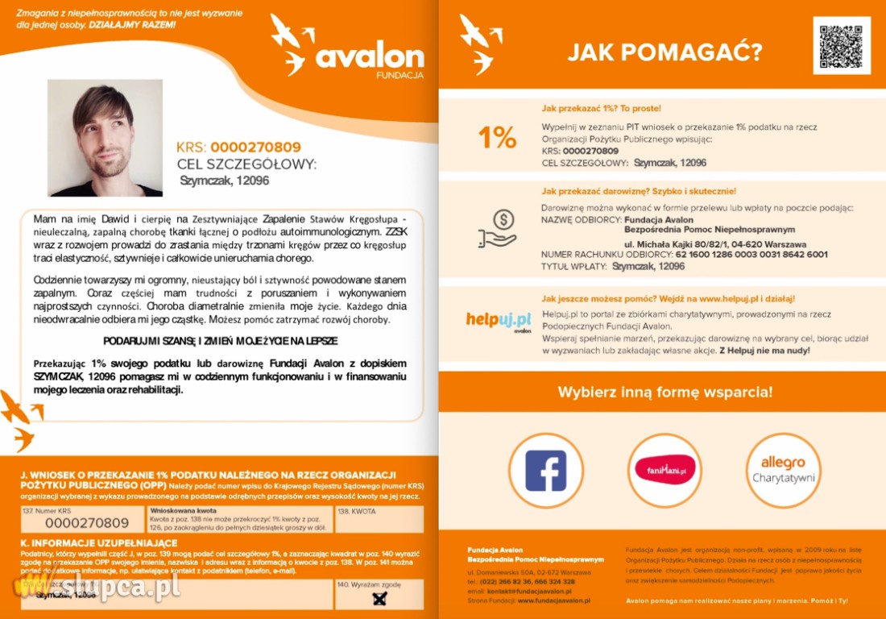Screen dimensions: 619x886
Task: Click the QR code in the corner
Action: pyautogui.click(x=842, y=45)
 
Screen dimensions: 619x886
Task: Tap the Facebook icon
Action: pyautogui.click(x=545, y=471)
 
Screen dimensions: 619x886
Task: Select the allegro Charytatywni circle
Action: pyautogui.click(x=783, y=471)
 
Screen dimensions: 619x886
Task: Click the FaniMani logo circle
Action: pyautogui.click(x=664, y=471)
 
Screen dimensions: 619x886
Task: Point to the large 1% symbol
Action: pyautogui.click(x=497, y=138)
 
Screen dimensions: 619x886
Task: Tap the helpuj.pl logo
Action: pyautogui.click(x=499, y=321)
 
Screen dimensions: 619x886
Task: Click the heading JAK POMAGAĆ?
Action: pyautogui.click(x=664, y=53)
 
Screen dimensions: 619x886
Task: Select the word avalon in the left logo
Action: pyautogui.click(x=369, y=56)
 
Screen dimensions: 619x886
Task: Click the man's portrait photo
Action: pyautogui.click(x=105, y=138)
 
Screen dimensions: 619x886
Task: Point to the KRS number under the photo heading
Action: pyautogui.click(x=255, y=147)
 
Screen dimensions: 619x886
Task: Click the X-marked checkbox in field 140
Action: pyautogui.click(x=380, y=598)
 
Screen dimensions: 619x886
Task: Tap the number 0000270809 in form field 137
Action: pyautogui.click(x=86, y=523)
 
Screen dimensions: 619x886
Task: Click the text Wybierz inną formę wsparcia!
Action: pyautogui.click(x=664, y=393)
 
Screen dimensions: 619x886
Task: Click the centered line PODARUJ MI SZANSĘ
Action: pyautogui.click(x=220, y=341)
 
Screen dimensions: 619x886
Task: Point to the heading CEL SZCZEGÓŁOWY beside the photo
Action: pyautogui.click(x=246, y=164)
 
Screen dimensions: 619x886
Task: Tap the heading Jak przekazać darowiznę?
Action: pyautogui.click(x=639, y=192)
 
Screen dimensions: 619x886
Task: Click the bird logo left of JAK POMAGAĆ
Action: pyautogui.click(x=480, y=43)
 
